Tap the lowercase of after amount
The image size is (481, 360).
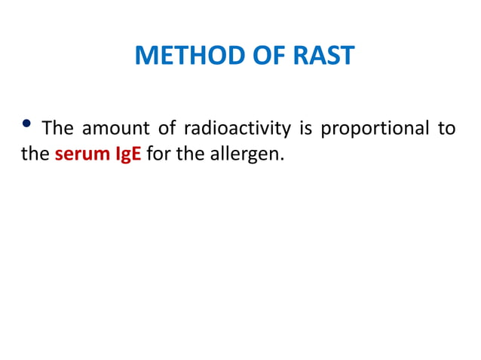click(166, 129)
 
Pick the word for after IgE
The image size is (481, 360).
click(157, 156)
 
